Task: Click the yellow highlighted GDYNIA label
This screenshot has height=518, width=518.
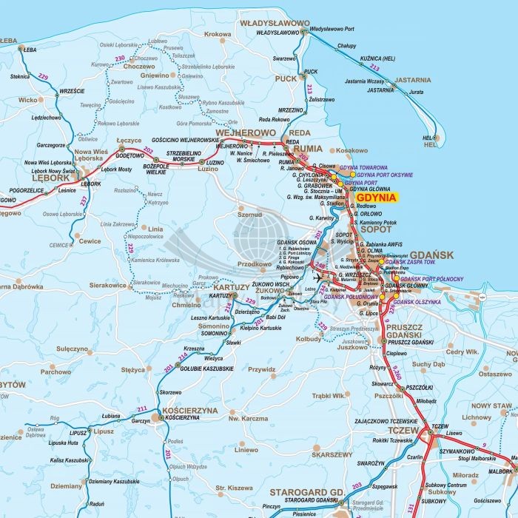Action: (375, 198)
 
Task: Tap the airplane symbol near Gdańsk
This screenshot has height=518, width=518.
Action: (318, 277)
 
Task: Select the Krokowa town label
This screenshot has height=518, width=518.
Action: (218, 34)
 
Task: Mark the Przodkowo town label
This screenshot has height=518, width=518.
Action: (255, 263)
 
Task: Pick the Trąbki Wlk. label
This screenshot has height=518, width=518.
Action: (329, 396)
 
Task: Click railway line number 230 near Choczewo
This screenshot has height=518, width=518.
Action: (120, 58)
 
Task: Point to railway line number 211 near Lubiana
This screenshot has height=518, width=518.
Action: (142, 409)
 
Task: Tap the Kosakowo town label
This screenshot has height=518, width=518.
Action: (351, 150)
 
